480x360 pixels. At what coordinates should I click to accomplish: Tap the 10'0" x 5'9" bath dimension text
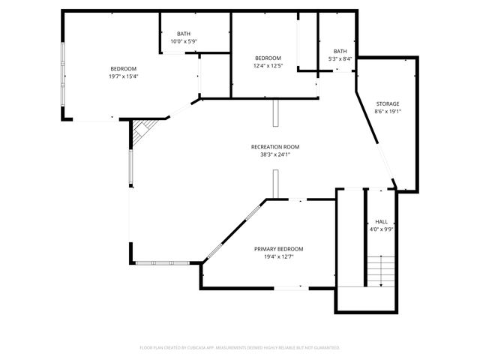point(184,42)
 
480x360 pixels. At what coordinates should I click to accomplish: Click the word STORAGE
point(388,103)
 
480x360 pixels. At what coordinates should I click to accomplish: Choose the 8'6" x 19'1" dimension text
point(388,112)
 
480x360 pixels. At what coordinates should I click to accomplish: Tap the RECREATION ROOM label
point(275,147)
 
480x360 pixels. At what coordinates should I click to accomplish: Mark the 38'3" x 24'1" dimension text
point(275,155)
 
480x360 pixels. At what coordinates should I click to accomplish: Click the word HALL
point(381,222)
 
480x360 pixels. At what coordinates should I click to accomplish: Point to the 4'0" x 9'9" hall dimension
point(381,230)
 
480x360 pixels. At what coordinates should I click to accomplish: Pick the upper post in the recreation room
point(275,113)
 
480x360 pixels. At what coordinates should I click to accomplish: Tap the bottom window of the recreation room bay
point(163,262)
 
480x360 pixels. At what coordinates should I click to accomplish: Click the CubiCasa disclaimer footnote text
point(240,348)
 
